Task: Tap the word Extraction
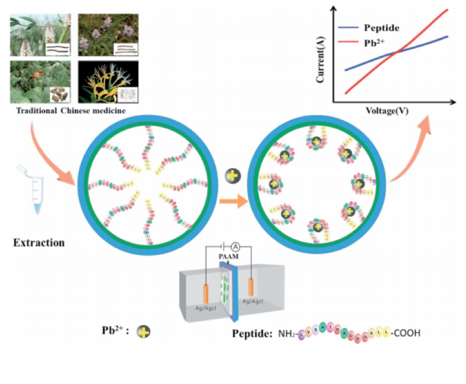pyautogui.click(x=38, y=243)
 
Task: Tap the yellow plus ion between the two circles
pyautogui.click(x=232, y=176)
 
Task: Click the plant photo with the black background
pyautogui.click(x=108, y=81)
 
